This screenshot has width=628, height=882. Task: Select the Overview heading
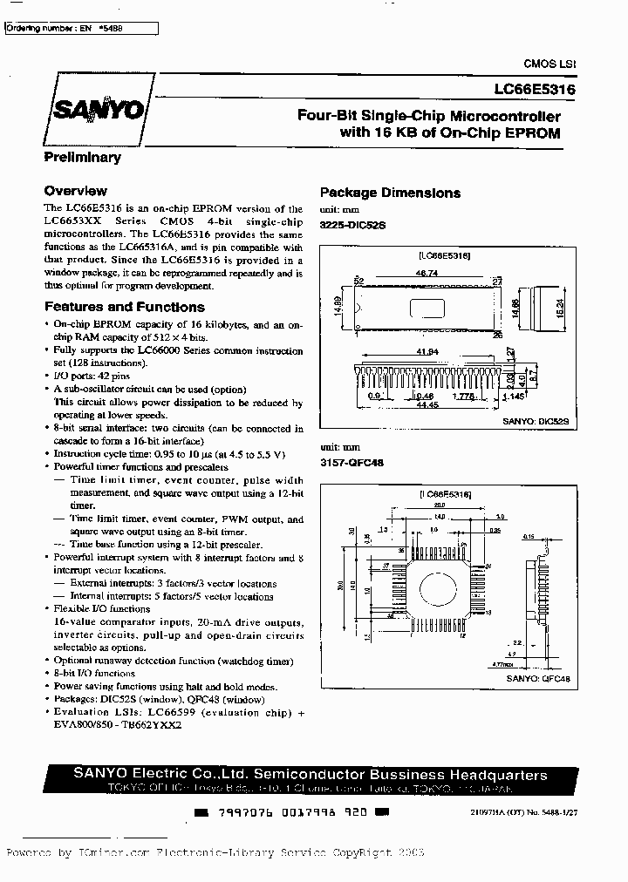(x=75, y=191)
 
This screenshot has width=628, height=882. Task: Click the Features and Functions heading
(x=124, y=307)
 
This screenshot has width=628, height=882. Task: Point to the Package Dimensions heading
(x=390, y=193)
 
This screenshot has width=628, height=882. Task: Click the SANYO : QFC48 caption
(x=538, y=677)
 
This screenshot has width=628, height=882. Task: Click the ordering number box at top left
(x=81, y=29)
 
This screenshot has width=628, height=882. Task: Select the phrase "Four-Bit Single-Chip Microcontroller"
(x=429, y=116)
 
